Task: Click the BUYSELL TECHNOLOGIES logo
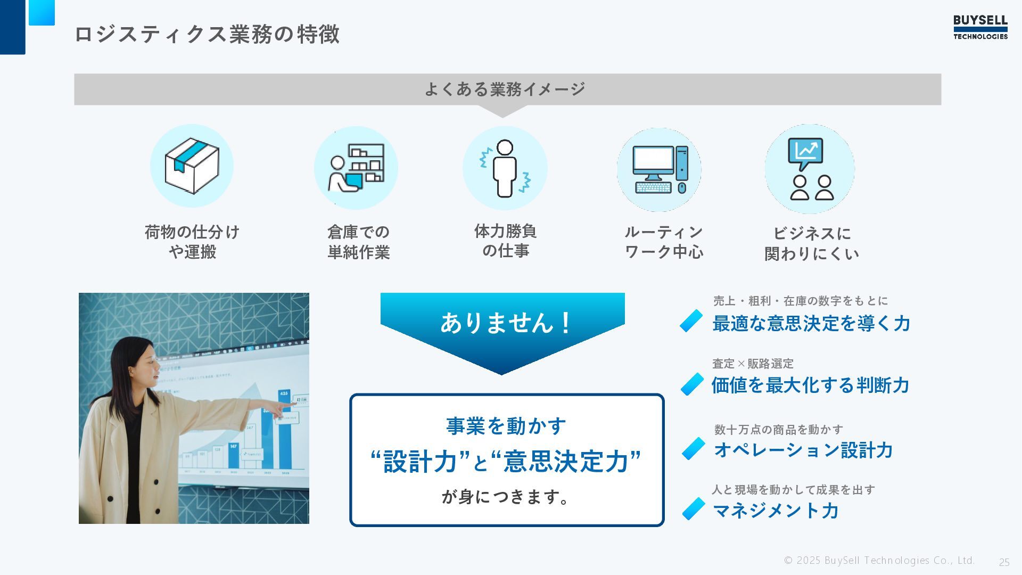980,28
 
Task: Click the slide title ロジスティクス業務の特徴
207,34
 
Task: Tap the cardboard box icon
192,166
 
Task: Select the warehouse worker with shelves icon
356,167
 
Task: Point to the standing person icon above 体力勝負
505,168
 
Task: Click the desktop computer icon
660,170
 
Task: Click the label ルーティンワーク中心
664,242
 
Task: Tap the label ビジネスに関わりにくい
812,243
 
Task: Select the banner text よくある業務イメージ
505,89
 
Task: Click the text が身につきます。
506,497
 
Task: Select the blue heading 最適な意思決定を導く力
811,323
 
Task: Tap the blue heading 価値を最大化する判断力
810,385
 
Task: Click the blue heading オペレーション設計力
803,450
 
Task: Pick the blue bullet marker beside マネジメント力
694,509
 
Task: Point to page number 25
1004,562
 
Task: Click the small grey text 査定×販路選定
753,364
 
